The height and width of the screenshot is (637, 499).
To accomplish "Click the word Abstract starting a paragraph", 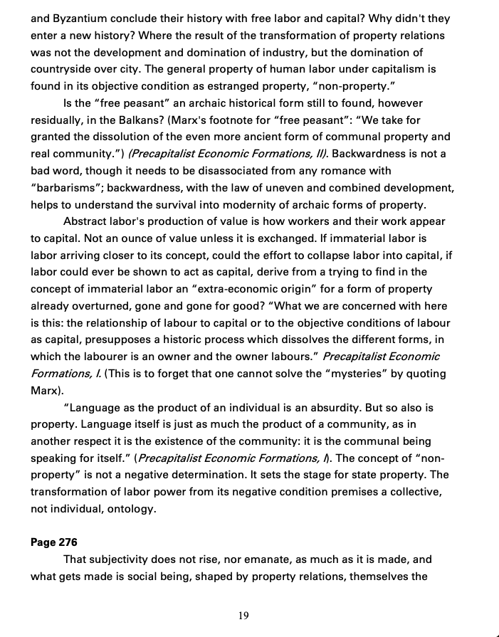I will [x=88, y=222].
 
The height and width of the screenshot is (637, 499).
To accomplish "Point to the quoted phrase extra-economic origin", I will [x=270, y=289].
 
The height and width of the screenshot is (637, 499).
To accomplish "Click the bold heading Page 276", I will [x=54, y=542].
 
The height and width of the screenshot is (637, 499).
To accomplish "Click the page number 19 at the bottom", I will [x=243, y=616].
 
